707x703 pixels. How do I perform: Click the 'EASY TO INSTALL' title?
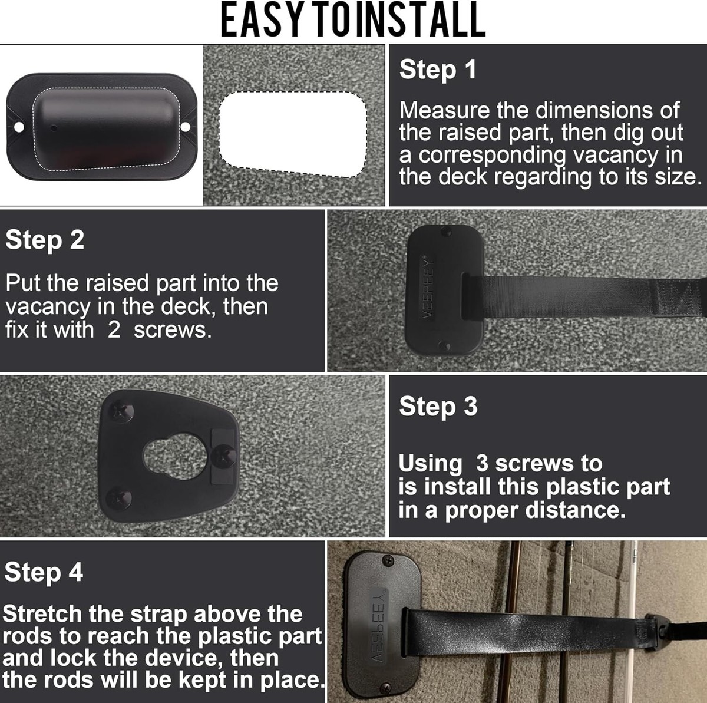353,19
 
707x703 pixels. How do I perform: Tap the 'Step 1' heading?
438,70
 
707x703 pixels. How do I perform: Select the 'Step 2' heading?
45,240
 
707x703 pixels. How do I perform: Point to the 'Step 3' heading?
438,407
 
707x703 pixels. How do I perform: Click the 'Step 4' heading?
44,572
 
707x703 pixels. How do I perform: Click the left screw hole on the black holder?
18,127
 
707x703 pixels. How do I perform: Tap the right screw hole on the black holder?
186,127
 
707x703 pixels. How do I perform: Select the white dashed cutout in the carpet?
293,134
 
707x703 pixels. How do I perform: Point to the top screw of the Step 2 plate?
446,231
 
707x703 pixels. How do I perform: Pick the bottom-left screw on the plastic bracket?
118,498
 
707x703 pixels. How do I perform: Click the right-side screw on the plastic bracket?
223,456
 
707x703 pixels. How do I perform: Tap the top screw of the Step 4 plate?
388,560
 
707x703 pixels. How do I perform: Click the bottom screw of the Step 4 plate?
385,687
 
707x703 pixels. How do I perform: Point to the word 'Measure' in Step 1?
444,110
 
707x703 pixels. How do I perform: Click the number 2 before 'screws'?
114,330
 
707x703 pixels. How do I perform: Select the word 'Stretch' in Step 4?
42,614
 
